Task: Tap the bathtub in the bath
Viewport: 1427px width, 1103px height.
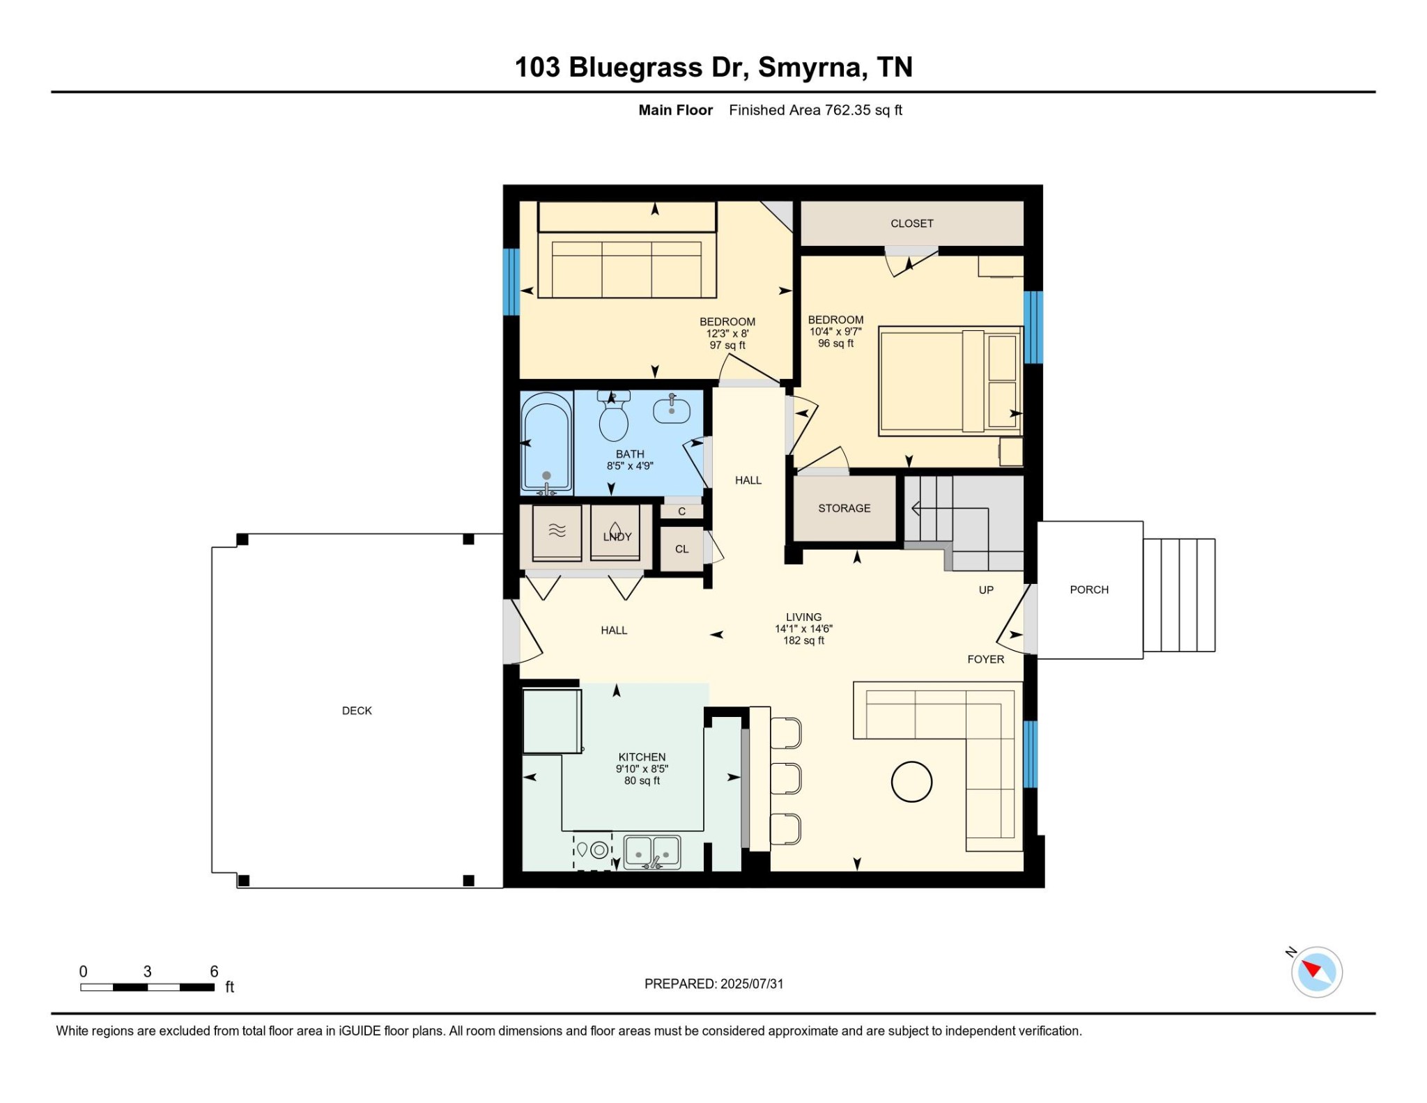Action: coord(547,443)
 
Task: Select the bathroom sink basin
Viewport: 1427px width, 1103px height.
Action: coord(672,410)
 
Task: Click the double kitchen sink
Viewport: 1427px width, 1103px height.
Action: coord(652,852)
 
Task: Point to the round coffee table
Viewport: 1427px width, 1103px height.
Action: coord(911,782)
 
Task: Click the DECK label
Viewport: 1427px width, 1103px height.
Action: coord(357,711)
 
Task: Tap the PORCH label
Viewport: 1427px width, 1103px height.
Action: coord(1089,589)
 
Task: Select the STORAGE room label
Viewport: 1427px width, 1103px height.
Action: coord(844,509)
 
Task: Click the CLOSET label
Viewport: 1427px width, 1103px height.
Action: coord(912,224)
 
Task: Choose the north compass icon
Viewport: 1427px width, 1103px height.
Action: coord(1316,971)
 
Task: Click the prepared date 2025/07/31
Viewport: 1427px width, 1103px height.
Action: coord(752,984)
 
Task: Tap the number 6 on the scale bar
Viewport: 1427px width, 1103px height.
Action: coord(214,971)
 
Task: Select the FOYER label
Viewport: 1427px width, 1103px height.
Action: coord(986,659)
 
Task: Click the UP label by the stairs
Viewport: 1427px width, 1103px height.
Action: coord(986,590)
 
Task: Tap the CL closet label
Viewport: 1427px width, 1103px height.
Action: coord(681,549)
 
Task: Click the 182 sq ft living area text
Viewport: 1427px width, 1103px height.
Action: coord(803,640)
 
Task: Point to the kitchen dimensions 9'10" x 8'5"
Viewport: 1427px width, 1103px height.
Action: coord(642,769)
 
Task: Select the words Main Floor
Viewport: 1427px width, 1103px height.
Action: coord(676,110)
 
